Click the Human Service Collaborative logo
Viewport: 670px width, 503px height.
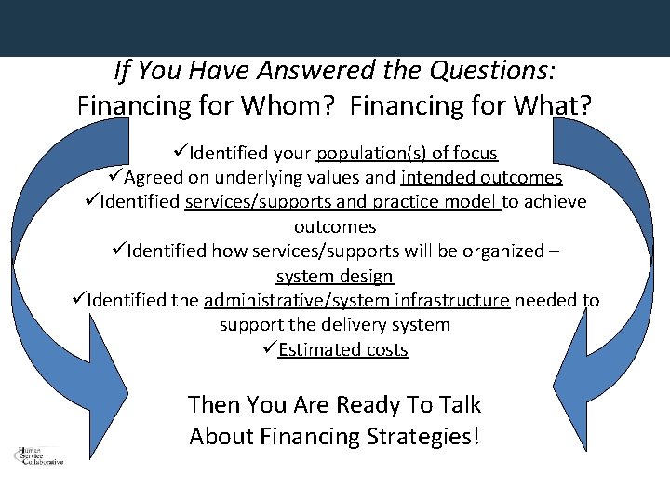coord(40,455)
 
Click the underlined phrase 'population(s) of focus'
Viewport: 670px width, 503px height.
coord(407,153)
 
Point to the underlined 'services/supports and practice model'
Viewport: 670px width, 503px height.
coord(342,202)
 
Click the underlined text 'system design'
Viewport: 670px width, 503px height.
coord(335,276)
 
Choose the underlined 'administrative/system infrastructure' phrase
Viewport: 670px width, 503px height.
coord(356,300)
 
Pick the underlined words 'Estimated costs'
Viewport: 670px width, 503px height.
coord(342,349)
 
